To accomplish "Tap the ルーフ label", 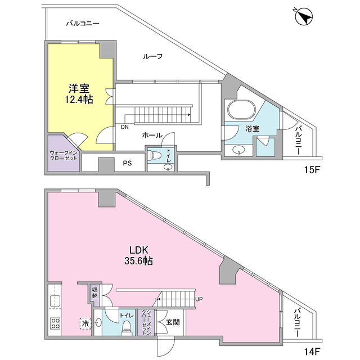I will pos(153,56).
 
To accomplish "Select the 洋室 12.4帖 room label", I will pos(80,93).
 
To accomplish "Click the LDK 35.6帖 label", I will pos(138,255).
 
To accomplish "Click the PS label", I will pos(127,164).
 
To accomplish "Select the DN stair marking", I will pos(124,127).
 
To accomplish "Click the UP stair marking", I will pos(199,299).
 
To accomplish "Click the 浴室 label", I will pos(252,129).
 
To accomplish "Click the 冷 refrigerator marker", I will pos(85,323).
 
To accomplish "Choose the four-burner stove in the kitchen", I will pos(56,323).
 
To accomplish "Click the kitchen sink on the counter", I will pos(55,298).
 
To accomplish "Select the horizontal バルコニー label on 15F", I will pos(83,24).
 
